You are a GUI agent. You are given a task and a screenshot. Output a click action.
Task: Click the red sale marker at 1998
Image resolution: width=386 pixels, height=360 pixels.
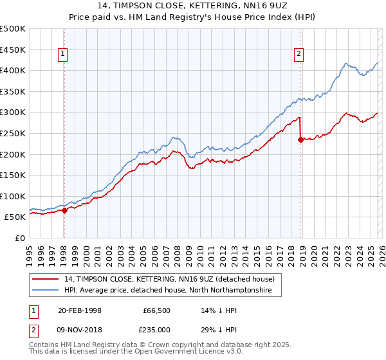click(64, 210)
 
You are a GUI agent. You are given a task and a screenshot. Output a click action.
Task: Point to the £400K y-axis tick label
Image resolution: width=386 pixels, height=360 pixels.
click(13, 70)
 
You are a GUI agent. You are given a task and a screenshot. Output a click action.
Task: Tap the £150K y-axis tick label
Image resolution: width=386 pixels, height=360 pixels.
click(13, 175)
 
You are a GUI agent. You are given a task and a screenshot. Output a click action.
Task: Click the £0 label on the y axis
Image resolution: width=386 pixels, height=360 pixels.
click(19, 238)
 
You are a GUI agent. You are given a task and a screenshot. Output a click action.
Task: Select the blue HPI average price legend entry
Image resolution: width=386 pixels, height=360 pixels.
click(168, 291)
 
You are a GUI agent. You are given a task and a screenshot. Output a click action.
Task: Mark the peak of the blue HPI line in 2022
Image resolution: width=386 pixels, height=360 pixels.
click(346, 63)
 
